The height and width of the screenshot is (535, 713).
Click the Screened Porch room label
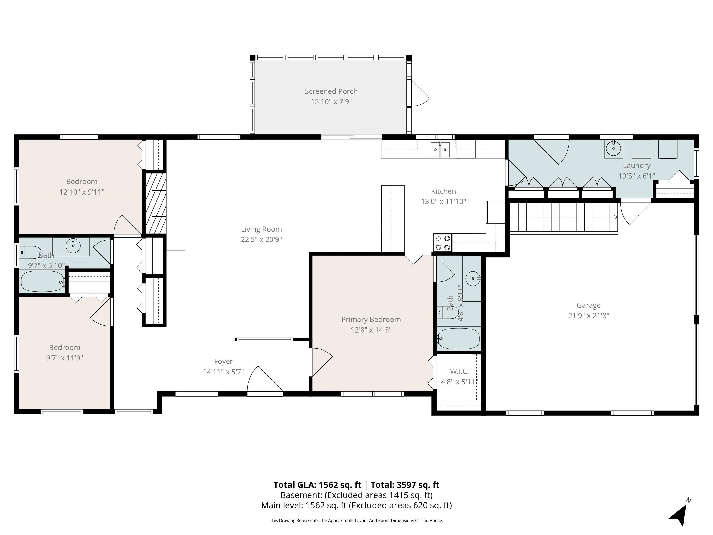[x=331, y=91]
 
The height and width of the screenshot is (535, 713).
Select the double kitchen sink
[x=440, y=149]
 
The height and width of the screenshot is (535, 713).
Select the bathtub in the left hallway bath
[x=42, y=281]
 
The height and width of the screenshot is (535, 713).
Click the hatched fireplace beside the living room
[x=155, y=203]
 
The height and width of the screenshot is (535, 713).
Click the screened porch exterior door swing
[x=420, y=93]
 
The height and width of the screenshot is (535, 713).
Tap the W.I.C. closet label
[x=459, y=371]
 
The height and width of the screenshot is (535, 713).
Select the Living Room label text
[x=261, y=229]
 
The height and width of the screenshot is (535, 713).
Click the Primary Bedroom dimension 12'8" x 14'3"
[x=371, y=329]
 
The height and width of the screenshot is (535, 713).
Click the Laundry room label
[x=637, y=165]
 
